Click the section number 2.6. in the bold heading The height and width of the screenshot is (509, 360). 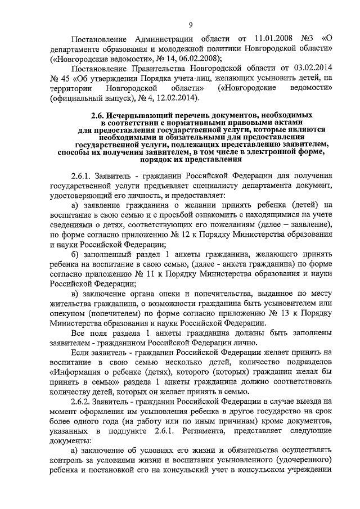point(101,116)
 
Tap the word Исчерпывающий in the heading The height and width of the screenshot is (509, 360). point(143,116)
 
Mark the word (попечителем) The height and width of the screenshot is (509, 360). point(111,313)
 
